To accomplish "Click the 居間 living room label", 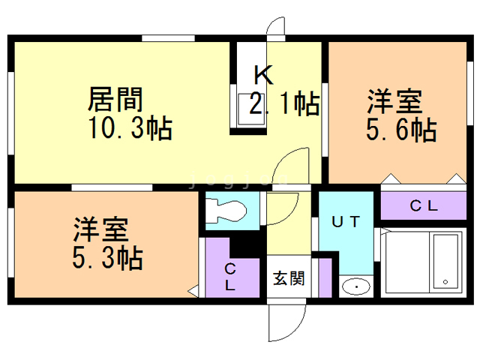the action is click(115, 100).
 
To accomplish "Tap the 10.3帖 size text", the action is click(130, 128).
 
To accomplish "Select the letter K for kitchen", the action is click(263, 75).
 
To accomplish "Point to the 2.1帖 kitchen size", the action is click(285, 103).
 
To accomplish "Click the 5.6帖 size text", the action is click(401, 130).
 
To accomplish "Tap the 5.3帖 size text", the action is click(107, 258).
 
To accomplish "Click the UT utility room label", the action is click(346, 222).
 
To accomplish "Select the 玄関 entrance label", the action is click(289, 278).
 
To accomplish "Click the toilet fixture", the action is click(226, 211).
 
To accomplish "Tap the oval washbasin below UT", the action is click(356, 286).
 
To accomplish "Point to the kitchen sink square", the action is click(251, 109).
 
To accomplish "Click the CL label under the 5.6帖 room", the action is click(424, 205).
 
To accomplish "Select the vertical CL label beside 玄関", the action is click(230, 277).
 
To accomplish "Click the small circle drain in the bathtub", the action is click(445, 282).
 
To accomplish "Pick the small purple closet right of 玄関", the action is click(325, 278).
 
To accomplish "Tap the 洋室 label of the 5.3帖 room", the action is click(100, 229).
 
